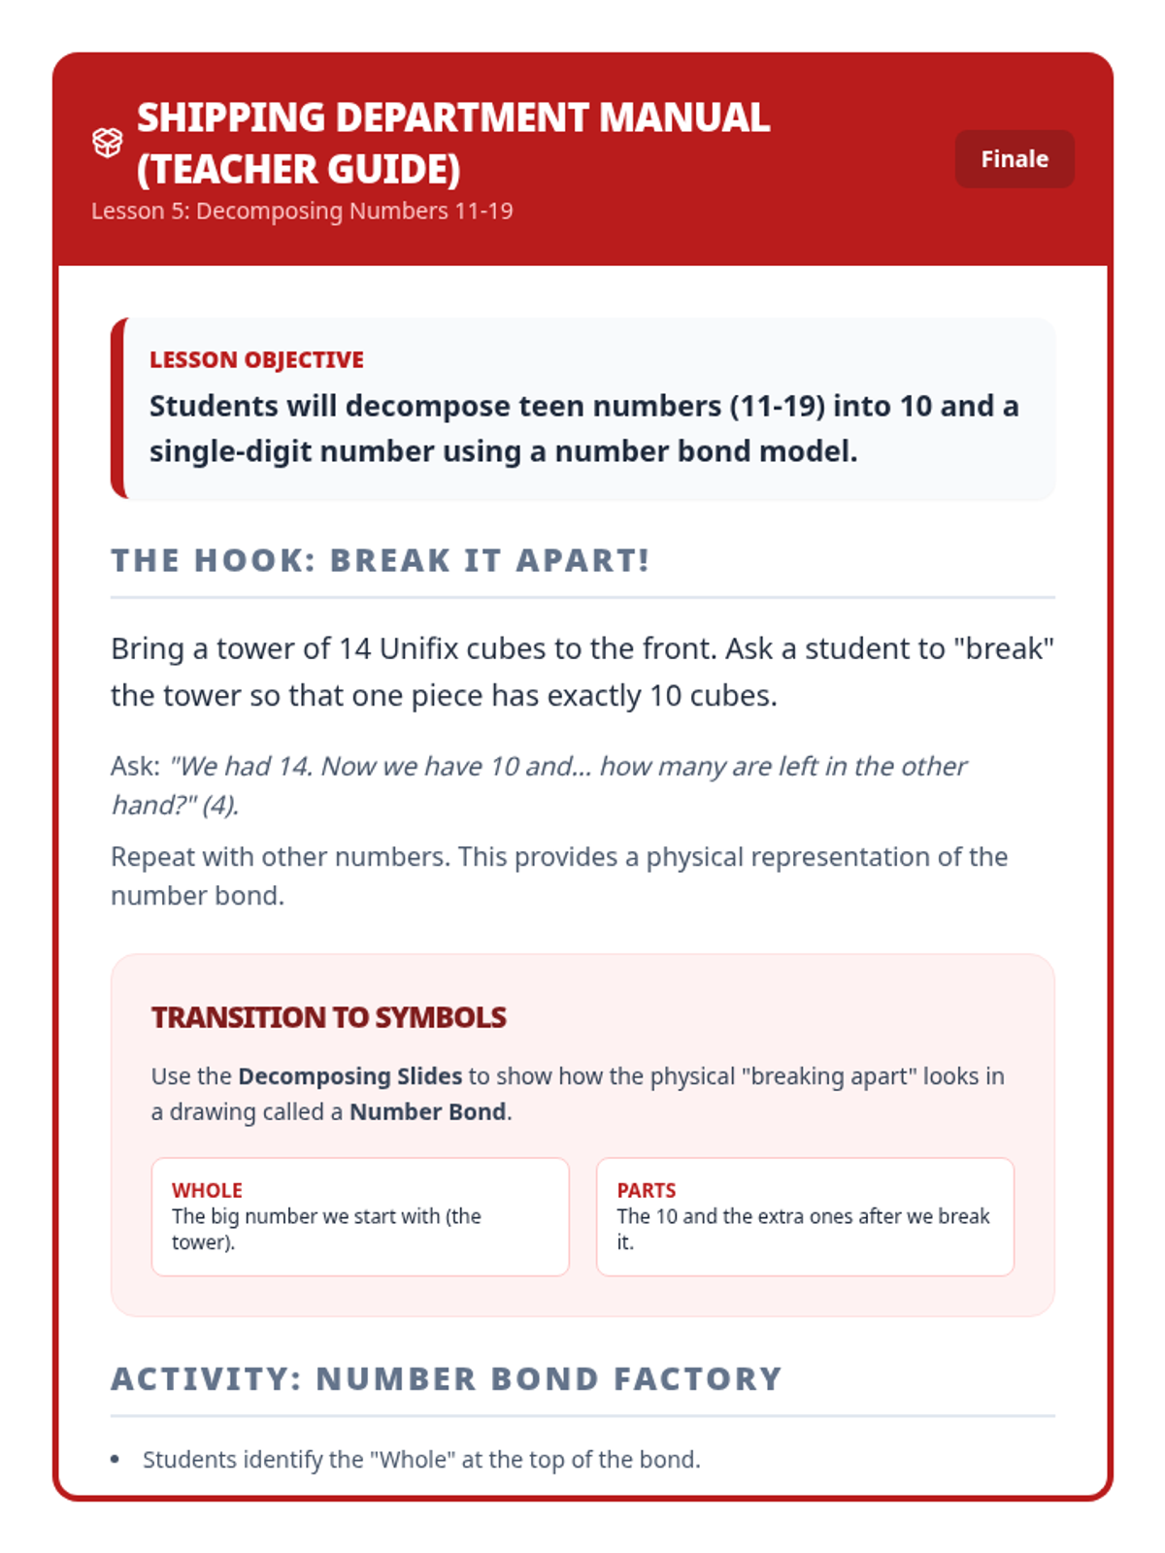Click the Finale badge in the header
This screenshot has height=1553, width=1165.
coord(1014,159)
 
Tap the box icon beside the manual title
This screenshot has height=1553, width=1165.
coord(107,143)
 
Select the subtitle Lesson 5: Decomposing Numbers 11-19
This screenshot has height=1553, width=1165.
coord(302,212)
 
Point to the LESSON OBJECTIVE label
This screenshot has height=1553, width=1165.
coord(256,360)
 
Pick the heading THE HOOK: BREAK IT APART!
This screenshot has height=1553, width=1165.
coord(380,561)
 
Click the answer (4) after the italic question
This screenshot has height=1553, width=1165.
coord(220,806)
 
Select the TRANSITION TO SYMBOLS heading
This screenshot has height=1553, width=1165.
coord(328,1017)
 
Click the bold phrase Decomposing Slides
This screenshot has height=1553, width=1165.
coord(349,1076)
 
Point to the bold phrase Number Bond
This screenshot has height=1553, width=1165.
coord(427,1112)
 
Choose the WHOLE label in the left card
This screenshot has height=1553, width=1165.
coord(207,1190)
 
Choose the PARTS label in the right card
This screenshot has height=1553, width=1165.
coord(646,1190)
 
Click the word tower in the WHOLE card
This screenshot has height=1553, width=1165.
coord(200,1242)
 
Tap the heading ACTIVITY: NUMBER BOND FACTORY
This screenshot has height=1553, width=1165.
coord(446,1379)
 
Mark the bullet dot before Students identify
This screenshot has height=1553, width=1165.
coord(116,1460)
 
